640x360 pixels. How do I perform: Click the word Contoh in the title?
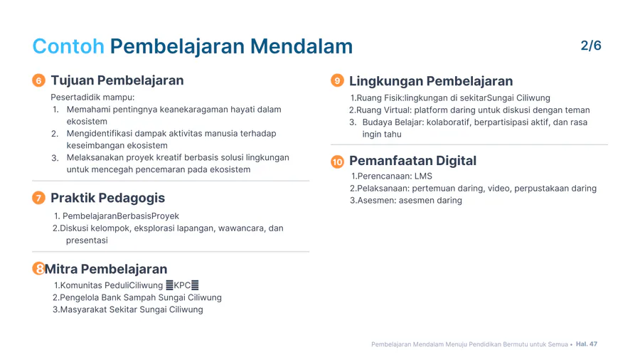tap(68, 46)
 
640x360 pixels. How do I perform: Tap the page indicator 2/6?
tap(591, 46)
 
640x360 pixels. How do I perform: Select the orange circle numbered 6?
tap(38, 80)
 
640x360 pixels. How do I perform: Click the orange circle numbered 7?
tap(38, 198)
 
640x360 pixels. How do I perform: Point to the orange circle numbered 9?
tap(337, 80)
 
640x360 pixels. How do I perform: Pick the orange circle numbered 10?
tap(337, 162)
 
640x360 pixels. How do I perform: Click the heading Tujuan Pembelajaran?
tap(117, 80)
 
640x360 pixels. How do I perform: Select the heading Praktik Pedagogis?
tap(108, 198)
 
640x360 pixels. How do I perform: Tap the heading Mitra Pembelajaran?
tap(106, 269)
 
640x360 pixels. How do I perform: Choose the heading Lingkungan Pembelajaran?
tap(431, 81)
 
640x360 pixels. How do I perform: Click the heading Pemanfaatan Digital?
tap(412, 161)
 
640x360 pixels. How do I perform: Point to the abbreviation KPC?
tap(182, 285)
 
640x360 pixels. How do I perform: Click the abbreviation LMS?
tap(423, 176)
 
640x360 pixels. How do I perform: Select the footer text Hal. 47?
tap(587, 344)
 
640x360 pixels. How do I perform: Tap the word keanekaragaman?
tap(194, 110)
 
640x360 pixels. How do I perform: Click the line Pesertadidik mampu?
tap(92, 97)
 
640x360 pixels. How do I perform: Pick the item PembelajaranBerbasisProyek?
tap(121, 216)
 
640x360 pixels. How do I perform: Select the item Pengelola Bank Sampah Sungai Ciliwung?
tap(140, 297)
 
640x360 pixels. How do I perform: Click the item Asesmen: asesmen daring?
tap(410, 201)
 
